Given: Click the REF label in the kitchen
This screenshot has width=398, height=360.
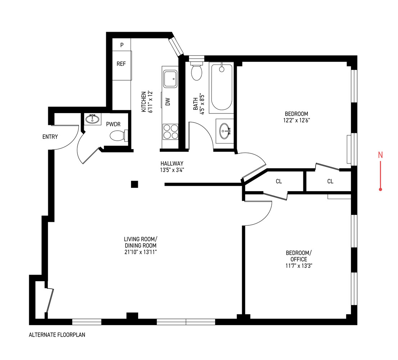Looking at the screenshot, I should (121, 64).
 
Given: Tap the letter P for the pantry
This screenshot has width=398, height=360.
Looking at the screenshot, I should (122, 45).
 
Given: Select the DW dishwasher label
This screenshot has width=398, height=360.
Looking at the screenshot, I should (168, 102).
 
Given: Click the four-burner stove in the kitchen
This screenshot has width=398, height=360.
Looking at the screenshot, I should (171, 131).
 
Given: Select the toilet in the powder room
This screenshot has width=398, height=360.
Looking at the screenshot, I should (117, 136).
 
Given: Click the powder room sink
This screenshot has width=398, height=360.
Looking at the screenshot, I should (92, 119).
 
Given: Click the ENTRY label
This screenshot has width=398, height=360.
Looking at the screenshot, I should (50, 137).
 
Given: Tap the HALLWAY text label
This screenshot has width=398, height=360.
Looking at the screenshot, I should (172, 163).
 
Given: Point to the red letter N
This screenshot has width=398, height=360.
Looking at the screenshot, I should (380, 155).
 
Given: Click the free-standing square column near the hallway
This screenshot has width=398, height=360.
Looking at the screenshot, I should (134, 184).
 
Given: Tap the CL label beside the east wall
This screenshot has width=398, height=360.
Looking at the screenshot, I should (330, 181).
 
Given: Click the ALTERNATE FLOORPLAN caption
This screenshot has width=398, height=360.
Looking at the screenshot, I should (57, 334).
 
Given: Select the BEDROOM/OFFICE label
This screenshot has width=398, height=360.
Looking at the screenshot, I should (297, 256).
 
